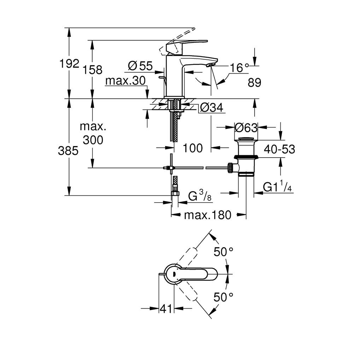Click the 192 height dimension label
tap(70, 64)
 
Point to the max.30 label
tap(125, 81)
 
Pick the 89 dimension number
tap(254, 83)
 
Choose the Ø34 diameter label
tap(212, 107)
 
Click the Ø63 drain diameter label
tap(246, 127)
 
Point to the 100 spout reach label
tap(193, 148)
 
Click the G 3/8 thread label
tap(200, 195)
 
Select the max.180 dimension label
tap(208, 215)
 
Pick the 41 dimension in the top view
tap(166, 309)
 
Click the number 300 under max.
tap(93, 140)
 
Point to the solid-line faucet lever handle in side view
tap(184, 44)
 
